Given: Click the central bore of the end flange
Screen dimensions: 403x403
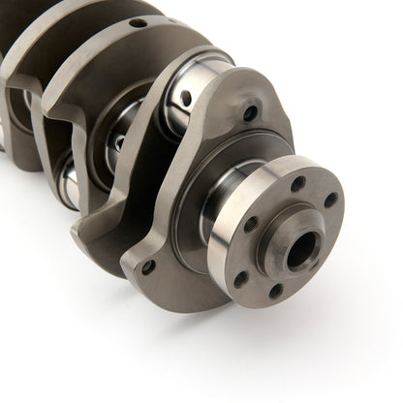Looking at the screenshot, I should (x=301, y=251).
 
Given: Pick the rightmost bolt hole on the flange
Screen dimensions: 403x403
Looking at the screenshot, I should (x=331, y=201).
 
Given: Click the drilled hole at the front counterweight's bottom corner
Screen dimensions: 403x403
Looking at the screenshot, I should (x=148, y=266).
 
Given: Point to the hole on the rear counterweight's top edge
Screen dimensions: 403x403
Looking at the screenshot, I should (x=138, y=22).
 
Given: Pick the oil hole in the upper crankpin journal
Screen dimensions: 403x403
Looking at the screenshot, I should (x=186, y=98).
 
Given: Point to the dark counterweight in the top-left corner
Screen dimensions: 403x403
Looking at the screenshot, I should (x=29, y=29).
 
